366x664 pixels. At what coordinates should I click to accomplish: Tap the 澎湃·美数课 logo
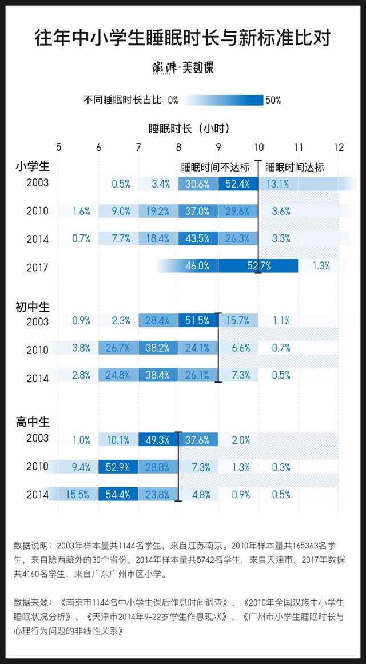coord(183,68)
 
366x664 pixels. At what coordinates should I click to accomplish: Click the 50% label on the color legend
coord(273,100)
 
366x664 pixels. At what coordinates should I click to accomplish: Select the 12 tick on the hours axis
coord(339,147)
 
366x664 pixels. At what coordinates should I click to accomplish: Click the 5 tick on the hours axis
coord(59,147)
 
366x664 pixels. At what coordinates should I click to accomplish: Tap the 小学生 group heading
coord(33,167)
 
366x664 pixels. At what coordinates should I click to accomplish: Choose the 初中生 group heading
coord(33,307)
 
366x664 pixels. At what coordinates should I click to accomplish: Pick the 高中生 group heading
coord(33,423)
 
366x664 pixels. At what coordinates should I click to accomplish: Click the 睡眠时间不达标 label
coord(216,167)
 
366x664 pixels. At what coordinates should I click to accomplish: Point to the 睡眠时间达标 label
coord(295,167)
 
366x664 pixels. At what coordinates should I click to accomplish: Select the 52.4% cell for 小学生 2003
coord(238,184)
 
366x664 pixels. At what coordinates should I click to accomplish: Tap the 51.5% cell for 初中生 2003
coord(198,321)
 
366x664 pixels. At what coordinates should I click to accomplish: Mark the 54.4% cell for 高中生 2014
coord(118,495)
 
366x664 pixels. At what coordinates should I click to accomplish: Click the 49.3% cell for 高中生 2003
coord(158,439)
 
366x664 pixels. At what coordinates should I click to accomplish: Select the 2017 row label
coord(38,267)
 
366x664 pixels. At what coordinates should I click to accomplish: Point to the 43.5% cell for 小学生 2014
coord(198,239)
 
